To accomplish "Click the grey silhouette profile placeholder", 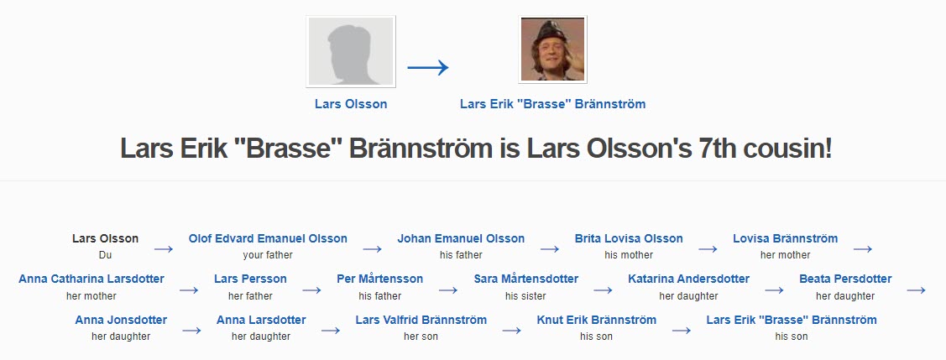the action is point(351,51).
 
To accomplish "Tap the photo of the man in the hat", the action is point(552,50).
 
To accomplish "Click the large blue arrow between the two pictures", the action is point(428,67).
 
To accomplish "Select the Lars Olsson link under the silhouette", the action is point(351,104).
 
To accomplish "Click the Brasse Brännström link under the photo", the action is point(552,104).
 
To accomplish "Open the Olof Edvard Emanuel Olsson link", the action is point(268,238).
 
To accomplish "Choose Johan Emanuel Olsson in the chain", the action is point(461,238).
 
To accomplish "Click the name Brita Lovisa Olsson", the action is point(629,238).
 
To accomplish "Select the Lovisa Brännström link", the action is point(786,238).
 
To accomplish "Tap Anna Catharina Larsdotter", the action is point(91,279).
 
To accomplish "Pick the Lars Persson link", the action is point(250,279).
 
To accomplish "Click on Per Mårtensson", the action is point(380,279).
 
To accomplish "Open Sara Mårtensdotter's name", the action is point(526,279).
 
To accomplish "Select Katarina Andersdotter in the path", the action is point(689,279).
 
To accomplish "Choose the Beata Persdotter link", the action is point(845,279).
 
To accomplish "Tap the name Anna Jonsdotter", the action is point(121,320).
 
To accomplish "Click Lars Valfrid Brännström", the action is point(421,320).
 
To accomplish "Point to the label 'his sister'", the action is point(525,296).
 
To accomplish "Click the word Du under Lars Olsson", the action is point(105,255).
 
